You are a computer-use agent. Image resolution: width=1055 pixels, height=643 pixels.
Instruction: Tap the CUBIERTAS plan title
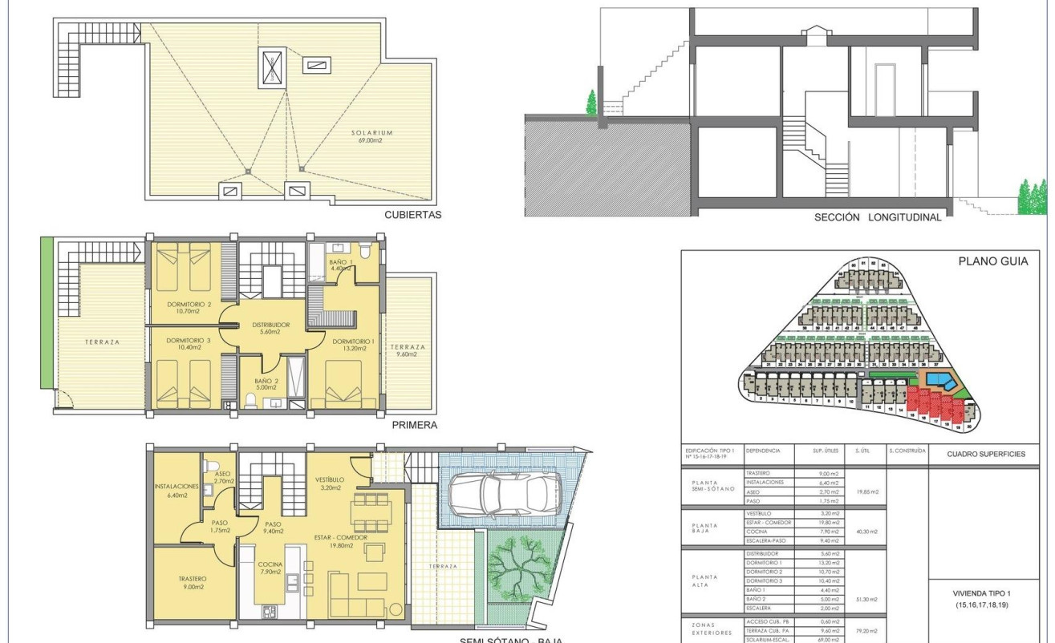click(413, 215)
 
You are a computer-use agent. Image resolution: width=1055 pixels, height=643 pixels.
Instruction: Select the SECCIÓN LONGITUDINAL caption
click(878, 216)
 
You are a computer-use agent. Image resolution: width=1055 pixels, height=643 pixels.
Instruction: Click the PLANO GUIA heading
click(993, 261)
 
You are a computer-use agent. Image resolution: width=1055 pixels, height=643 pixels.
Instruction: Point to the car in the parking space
click(505, 491)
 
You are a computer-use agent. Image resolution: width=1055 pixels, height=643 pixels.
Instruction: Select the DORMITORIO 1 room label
click(353, 344)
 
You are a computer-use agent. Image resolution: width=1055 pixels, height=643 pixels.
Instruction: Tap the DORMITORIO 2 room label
click(189, 308)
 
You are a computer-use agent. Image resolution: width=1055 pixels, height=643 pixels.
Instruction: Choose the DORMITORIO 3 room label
click(189, 344)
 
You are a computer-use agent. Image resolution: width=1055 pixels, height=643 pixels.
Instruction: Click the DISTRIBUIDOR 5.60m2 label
click(270, 329)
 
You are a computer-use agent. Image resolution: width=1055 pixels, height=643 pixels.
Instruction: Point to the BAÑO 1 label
click(340, 265)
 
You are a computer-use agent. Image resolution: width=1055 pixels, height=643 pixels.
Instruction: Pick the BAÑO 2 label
click(265, 384)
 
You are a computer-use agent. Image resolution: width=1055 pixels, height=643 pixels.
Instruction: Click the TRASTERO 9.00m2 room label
click(193, 582)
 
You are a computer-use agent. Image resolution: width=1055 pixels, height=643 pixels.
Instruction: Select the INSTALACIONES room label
click(177, 491)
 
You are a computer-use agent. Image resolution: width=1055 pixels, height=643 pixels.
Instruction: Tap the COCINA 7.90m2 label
click(270, 568)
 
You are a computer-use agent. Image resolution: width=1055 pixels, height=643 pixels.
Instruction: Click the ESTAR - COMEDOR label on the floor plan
click(341, 542)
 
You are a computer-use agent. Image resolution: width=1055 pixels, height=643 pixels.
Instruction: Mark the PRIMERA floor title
click(415, 426)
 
